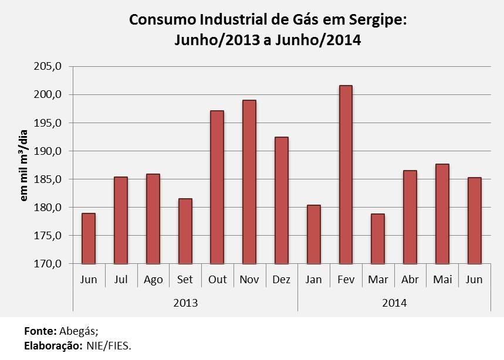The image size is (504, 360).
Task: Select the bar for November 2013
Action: pos(249,182)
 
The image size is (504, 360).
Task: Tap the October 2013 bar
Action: pos(217,187)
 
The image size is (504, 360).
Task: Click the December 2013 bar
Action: pos(281,200)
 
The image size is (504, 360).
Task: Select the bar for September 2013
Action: pos(185,231)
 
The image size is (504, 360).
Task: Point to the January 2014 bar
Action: pos(313,234)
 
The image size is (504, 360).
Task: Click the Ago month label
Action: pos(153,280)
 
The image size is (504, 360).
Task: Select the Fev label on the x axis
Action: pos(346,280)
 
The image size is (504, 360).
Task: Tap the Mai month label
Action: pos(442,280)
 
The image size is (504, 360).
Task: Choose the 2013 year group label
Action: pos(185,303)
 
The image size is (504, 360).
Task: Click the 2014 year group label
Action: pos(394,303)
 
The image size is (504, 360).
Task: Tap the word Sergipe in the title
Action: pos(373,20)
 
